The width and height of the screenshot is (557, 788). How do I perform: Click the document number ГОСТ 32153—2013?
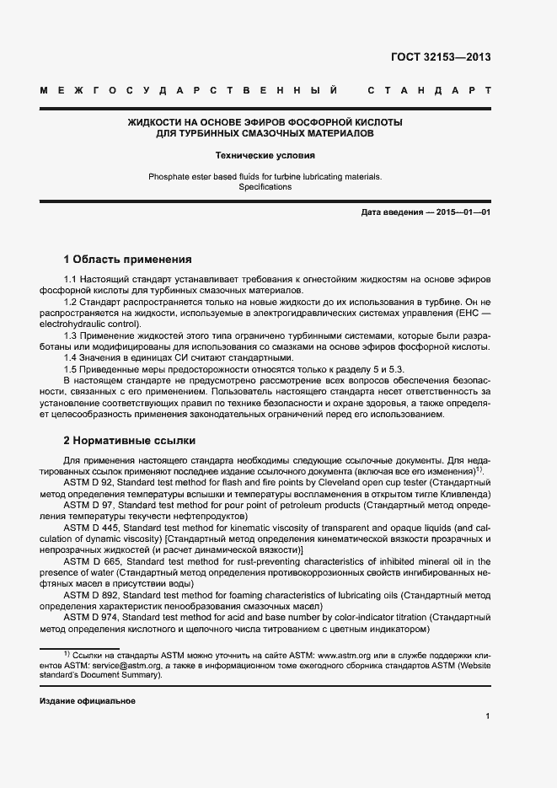pyautogui.click(x=441, y=57)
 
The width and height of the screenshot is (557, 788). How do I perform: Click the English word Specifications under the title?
pyautogui.click(x=265, y=187)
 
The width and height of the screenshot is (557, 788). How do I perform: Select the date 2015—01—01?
pyautogui.click(x=463, y=213)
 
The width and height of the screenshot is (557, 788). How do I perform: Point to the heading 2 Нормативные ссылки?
pyautogui.click(x=130, y=440)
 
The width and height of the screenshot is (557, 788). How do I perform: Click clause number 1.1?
pyautogui.click(x=71, y=278)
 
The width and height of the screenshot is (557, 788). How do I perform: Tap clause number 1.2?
pyautogui.click(x=71, y=301)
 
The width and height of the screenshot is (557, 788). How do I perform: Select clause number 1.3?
pyautogui.click(x=71, y=335)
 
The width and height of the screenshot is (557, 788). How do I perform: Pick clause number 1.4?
pyautogui.click(x=71, y=357)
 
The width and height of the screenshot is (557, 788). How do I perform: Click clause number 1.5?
pyautogui.click(x=71, y=369)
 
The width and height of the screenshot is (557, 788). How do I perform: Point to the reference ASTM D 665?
pyautogui.click(x=91, y=561)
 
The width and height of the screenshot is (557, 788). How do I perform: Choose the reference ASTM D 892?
pyautogui.click(x=91, y=596)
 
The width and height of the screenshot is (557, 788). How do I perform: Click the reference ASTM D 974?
pyautogui.click(x=91, y=619)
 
